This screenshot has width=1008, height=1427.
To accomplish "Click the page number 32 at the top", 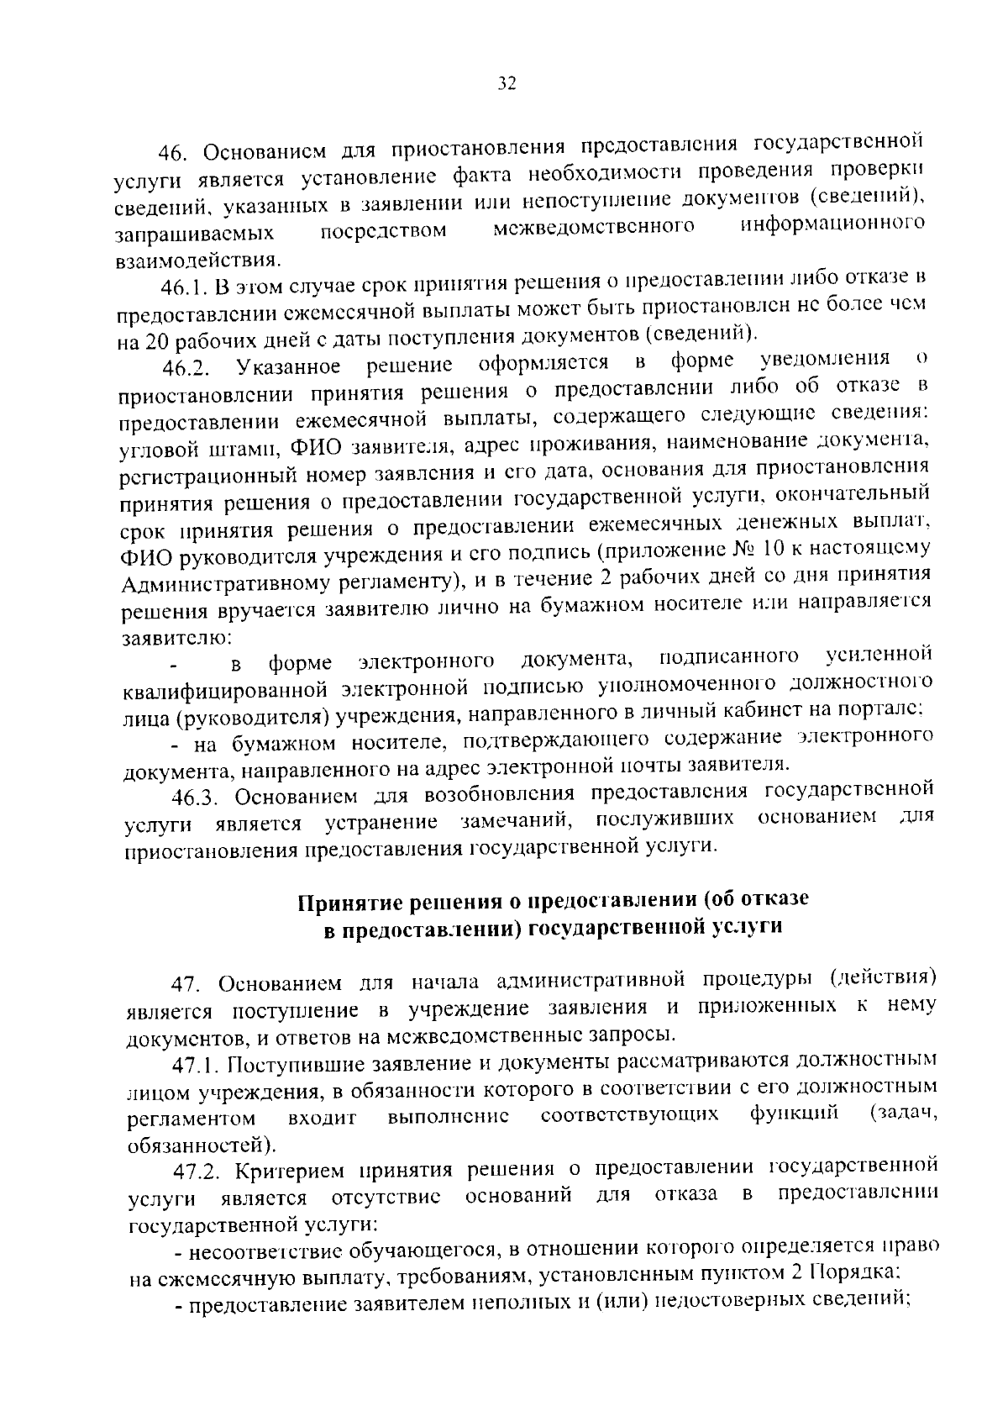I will point(506,83).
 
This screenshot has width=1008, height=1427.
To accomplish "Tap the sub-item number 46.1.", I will point(184,288).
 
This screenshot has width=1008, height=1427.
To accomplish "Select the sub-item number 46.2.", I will point(186,368).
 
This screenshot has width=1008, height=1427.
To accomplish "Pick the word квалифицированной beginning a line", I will point(224,691).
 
